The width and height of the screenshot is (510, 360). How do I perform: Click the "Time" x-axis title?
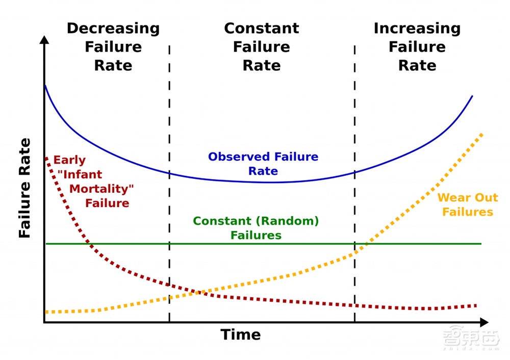(x=240, y=335)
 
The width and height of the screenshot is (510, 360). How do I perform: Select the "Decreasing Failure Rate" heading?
(x=113, y=47)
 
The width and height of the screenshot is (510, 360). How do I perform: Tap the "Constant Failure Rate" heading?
(x=261, y=47)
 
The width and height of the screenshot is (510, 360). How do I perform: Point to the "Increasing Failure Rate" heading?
(x=417, y=47)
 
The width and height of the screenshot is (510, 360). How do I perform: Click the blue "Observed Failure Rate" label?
(x=263, y=164)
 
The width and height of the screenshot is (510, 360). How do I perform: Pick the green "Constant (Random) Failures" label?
(x=256, y=228)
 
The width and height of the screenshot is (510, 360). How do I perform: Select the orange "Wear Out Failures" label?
(x=467, y=204)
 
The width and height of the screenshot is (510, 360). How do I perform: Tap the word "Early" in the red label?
(x=69, y=160)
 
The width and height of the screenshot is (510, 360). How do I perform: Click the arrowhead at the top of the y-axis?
(x=44, y=40)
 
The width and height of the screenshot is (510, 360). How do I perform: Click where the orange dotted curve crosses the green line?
(x=363, y=244)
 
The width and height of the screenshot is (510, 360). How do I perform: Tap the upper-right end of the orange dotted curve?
(x=481, y=134)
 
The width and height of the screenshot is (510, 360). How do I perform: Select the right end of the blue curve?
(x=472, y=96)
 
